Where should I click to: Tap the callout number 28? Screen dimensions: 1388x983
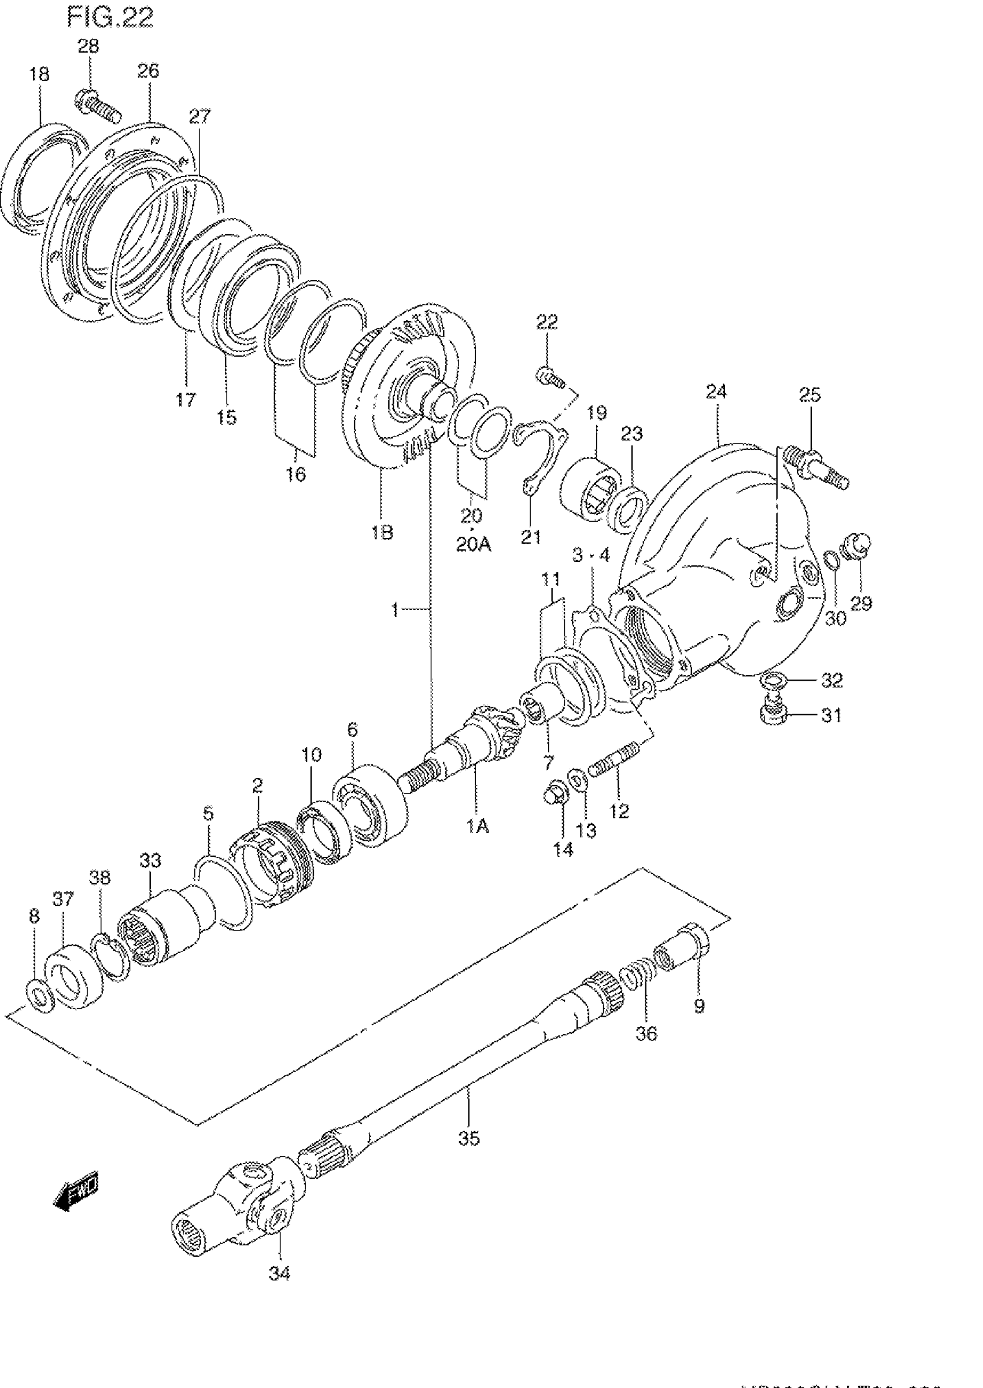click(88, 47)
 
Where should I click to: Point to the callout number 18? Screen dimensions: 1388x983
click(39, 75)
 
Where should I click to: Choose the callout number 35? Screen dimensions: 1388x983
click(469, 1138)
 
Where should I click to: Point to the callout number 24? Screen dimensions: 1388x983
click(716, 392)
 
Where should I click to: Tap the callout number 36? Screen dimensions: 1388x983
click(646, 1033)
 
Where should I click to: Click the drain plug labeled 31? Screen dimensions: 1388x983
click(772, 711)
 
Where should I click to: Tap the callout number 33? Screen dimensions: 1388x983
click(150, 860)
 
